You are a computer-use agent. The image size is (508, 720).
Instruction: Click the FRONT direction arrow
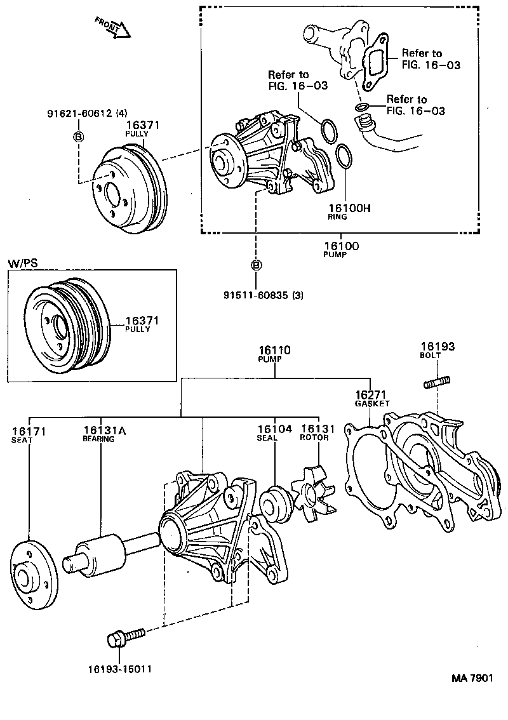tap(113, 28)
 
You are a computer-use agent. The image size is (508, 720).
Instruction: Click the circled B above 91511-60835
tap(256, 265)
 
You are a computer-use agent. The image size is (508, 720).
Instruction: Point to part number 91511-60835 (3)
tap(262, 295)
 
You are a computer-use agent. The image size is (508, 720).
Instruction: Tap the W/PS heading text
tap(21, 263)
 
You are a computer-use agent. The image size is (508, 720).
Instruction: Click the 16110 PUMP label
tap(274, 353)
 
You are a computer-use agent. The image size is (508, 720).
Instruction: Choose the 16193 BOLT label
tap(437, 350)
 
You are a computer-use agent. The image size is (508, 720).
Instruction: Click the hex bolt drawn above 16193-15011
tap(126, 636)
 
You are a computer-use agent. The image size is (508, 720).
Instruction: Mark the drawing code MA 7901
tap(472, 679)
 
